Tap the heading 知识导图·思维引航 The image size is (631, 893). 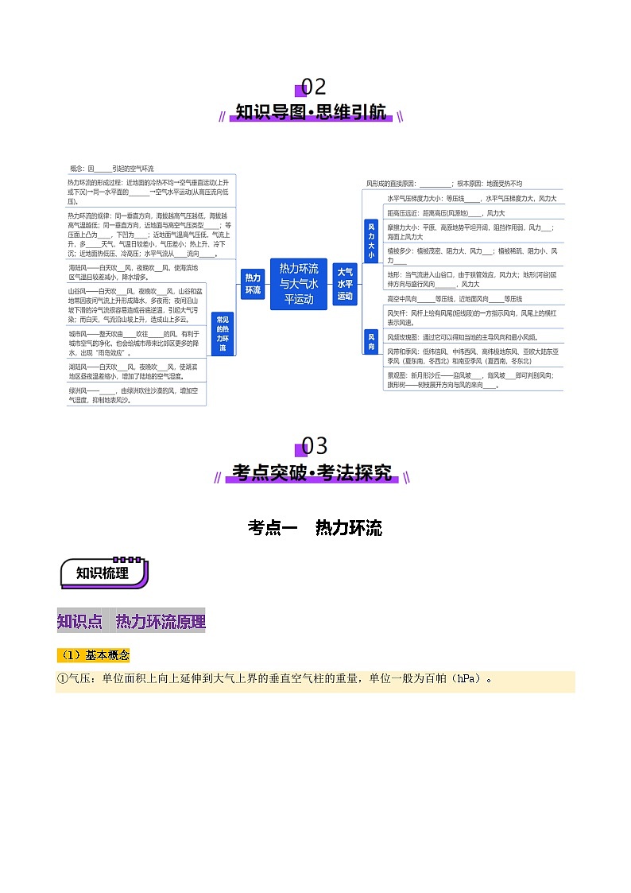312,113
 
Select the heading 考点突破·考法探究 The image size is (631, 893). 312,473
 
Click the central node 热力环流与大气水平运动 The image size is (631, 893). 298,284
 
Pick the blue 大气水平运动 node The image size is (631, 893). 345,284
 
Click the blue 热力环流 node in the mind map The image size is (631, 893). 253,284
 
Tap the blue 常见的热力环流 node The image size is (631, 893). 223,332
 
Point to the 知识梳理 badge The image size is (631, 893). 103,573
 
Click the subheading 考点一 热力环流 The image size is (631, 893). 315,527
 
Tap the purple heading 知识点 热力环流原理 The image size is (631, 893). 131,621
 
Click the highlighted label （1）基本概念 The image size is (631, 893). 93,655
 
